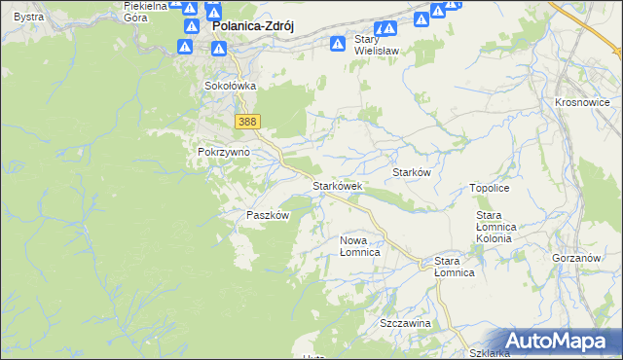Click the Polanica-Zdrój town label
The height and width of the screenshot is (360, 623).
pos(253,28)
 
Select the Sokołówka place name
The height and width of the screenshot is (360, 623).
pos(230,86)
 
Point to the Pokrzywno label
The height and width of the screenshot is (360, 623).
pos(224,153)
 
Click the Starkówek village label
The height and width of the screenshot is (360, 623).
pos(337,185)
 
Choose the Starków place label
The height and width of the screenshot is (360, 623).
pos(411,172)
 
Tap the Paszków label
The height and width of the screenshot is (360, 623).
pos(268,215)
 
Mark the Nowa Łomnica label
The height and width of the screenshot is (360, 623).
pos(359,245)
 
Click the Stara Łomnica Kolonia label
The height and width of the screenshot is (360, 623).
pos(500,227)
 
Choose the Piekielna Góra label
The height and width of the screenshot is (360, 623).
pos(145,11)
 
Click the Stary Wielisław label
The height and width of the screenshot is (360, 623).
pos(379,45)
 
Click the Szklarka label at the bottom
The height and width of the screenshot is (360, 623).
pos(490,353)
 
